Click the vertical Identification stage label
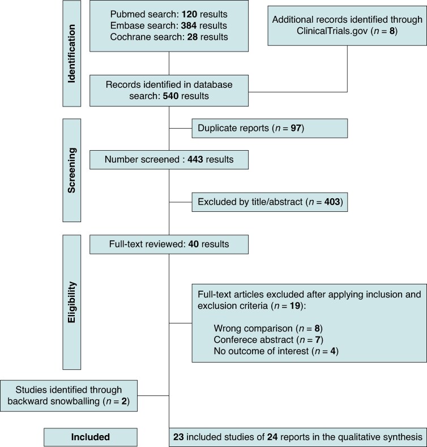(x=71, y=54)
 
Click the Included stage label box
(x=91, y=437)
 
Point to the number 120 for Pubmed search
(x=177, y=14)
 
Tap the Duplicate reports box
(x=269, y=129)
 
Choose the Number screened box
(x=168, y=160)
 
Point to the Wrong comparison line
(x=268, y=328)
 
